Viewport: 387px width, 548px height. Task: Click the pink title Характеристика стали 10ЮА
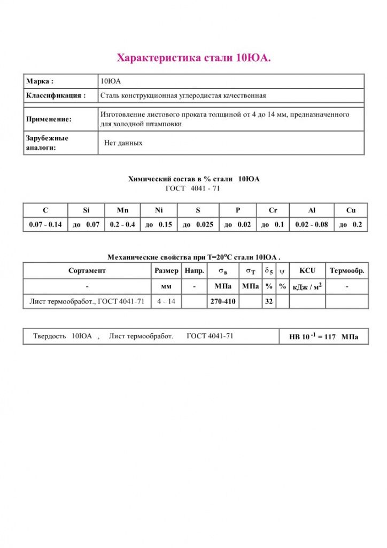tap(193, 57)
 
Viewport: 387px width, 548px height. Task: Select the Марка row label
tap(40, 81)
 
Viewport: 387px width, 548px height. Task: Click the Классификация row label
tap(56, 96)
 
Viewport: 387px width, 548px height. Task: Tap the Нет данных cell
tap(123, 143)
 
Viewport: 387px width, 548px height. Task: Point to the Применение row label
tap(49, 119)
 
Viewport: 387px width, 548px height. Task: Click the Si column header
tap(86, 210)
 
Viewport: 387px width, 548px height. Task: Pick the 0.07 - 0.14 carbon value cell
tap(45, 225)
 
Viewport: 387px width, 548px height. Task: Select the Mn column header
tap(122, 210)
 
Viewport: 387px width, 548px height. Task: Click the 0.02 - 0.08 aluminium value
tap(312, 225)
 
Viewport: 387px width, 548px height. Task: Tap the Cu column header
tap(351, 210)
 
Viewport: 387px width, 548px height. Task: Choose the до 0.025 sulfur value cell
tap(198, 225)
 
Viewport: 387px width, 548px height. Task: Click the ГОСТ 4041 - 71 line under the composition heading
tap(193, 188)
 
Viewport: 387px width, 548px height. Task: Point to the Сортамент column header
tap(87, 271)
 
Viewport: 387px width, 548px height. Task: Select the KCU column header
tap(307, 271)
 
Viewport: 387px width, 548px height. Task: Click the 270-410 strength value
tap(223, 302)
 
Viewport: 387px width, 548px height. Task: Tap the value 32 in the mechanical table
tap(269, 302)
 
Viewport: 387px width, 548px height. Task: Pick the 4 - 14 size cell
tap(166, 302)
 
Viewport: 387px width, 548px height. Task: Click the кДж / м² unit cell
tap(307, 287)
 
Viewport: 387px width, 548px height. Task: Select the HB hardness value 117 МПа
tap(323, 337)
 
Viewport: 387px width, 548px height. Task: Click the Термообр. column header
tap(347, 271)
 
